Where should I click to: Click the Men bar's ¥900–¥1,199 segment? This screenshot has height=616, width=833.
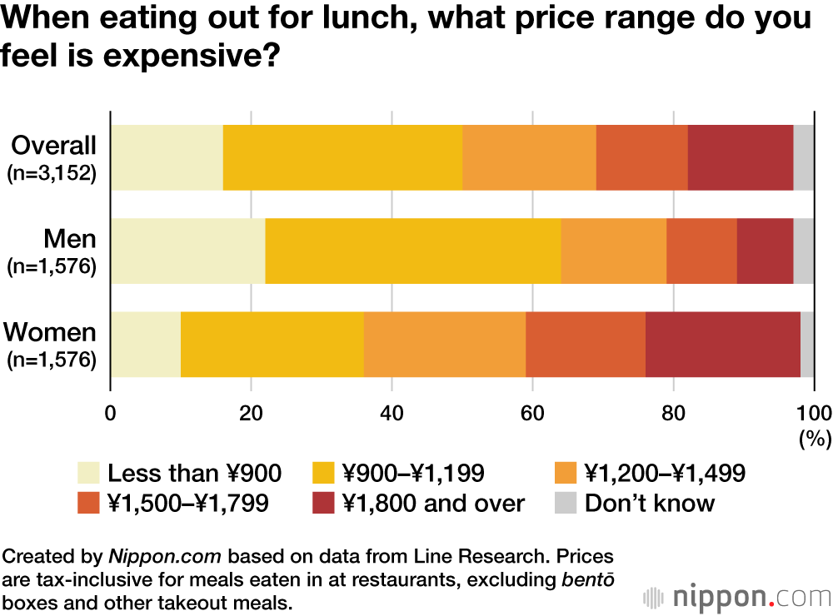pos(412,251)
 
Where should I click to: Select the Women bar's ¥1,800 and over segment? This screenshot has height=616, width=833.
pos(722,344)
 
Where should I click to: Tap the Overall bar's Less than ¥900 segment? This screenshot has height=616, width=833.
pos(167,157)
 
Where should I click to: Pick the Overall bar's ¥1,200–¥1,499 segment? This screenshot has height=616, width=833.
pos(529,157)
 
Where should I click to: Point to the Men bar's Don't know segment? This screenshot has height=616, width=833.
pos(804,251)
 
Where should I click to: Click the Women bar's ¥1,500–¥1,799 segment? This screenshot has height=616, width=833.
pos(586,344)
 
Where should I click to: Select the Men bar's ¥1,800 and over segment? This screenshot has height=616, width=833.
pos(765,251)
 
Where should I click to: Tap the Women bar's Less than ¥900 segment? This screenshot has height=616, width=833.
pos(146,344)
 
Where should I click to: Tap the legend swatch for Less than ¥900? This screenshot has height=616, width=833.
pos(87,474)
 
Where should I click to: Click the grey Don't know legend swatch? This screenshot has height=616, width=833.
pos(565,503)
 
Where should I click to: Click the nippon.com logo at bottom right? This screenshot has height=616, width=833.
pos(737,597)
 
